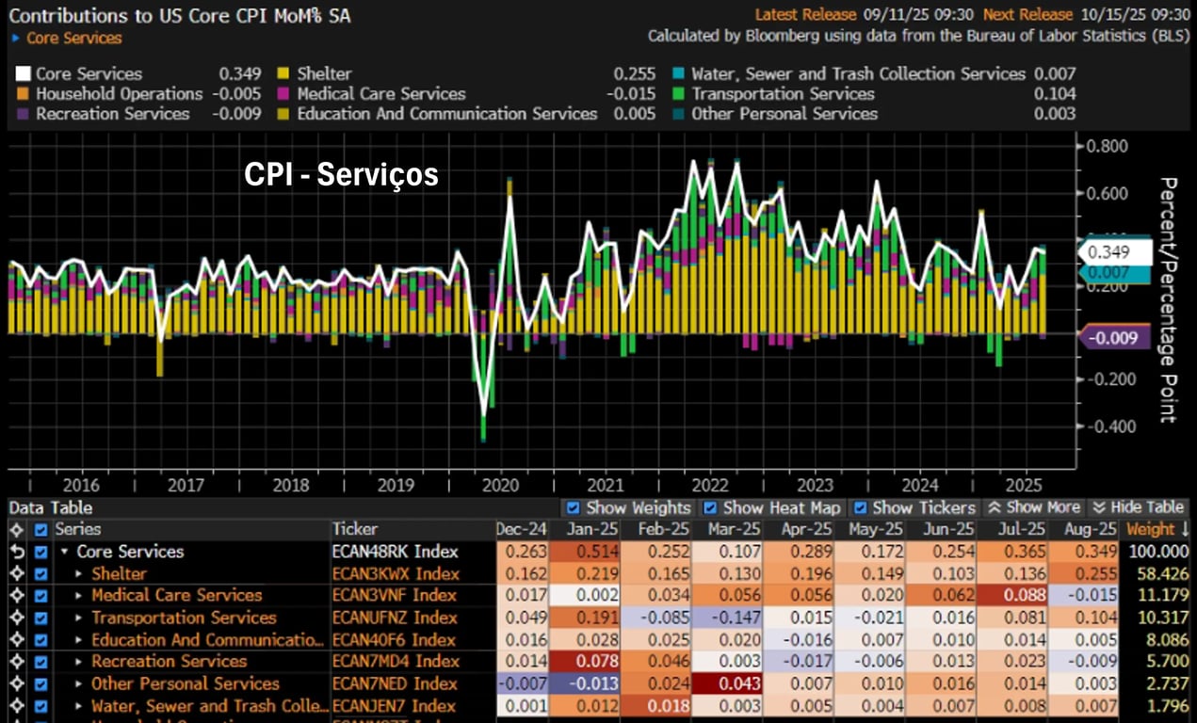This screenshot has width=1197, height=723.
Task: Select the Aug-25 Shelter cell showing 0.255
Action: tap(1082, 573)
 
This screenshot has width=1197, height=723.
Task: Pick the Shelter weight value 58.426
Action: tap(1157, 573)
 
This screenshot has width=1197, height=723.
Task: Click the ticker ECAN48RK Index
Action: tap(395, 552)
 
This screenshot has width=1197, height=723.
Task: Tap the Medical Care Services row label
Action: tap(176, 595)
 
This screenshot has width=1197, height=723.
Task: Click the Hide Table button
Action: tap(1138, 508)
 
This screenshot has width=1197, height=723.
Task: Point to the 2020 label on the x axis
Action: tap(500, 486)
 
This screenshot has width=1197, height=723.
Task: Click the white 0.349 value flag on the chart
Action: tap(1117, 252)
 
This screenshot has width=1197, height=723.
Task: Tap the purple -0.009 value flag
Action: tap(1117, 338)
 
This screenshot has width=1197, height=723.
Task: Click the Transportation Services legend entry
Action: tap(782, 94)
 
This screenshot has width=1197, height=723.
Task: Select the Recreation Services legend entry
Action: tap(112, 114)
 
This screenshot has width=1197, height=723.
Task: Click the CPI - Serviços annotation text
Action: tap(341, 174)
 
